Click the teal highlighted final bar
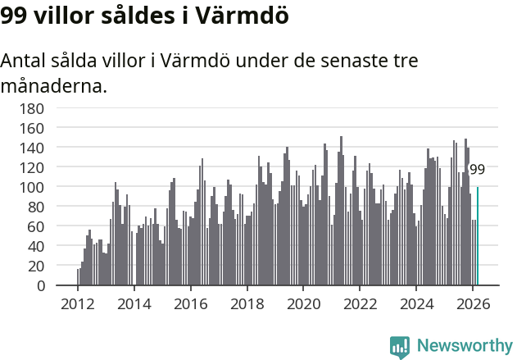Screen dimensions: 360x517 [478, 237]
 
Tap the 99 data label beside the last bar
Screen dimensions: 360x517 [477, 170]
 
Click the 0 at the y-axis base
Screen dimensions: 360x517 [39, 285]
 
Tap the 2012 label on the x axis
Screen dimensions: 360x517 [78, 303]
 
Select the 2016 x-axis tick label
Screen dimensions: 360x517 [190, 303]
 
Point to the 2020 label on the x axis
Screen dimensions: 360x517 [303, 303]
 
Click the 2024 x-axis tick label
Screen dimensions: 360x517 [416, 303]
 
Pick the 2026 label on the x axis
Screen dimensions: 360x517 [473, 303]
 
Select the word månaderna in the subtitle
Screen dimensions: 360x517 [54, 85]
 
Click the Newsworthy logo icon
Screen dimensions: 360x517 [400, 347]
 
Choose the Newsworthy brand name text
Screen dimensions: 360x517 [465, 346]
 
